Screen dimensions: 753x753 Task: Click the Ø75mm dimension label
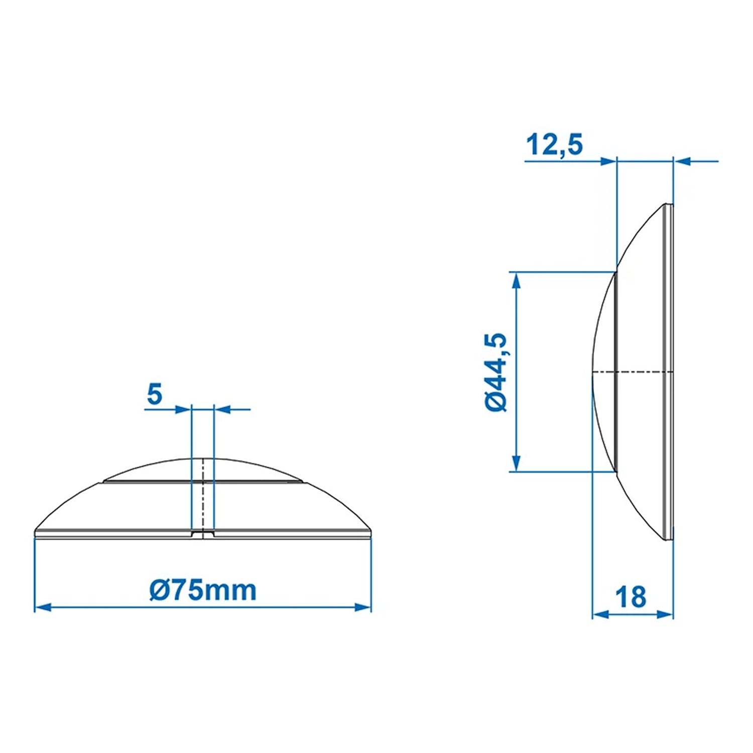203,590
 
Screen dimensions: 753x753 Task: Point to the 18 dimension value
631,597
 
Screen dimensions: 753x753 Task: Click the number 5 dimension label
155,395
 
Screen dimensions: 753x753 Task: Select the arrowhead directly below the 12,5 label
608,161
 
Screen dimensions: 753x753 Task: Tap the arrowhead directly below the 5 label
183,410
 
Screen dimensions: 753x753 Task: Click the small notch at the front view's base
203,534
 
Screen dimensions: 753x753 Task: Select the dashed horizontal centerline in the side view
633,372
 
